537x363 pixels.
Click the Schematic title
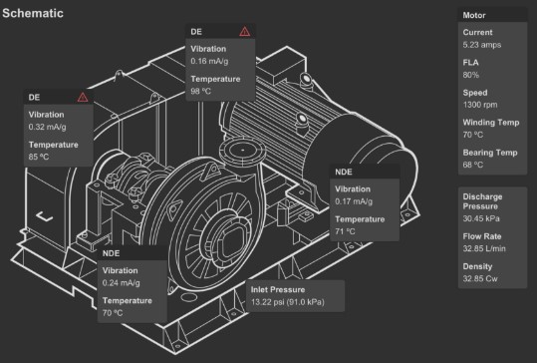(x=33, y=13)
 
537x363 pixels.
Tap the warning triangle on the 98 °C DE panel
(x=244, y=32)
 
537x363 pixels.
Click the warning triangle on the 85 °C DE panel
(x=83, y=97)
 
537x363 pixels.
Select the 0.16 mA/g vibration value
(x=209, y=61)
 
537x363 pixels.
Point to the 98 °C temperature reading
(x=200, y=91)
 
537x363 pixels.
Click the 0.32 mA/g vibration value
(x=47, y=127)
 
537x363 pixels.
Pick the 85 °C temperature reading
(x=39, y=157)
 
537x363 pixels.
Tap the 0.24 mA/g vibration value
(x=121, y=283)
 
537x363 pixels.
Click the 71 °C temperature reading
(x=345, y=231)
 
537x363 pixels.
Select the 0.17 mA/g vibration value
(x=354, y=201)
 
